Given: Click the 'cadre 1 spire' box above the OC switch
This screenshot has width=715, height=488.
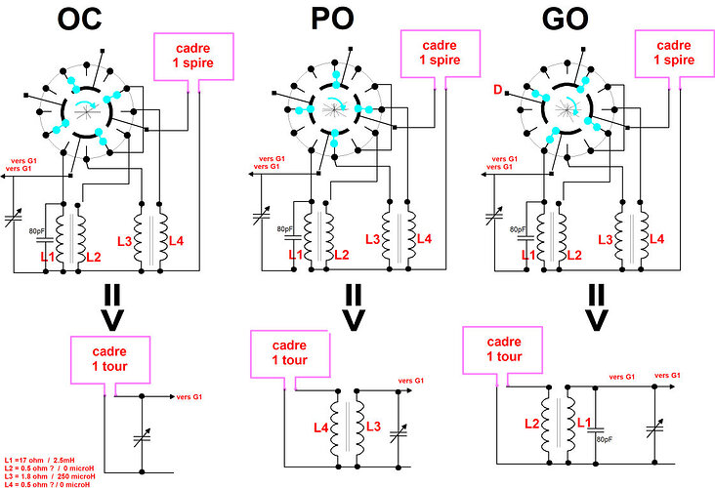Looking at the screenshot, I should tap(192, 55).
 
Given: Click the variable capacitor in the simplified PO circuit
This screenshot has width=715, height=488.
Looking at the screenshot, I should tap(398, 430).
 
